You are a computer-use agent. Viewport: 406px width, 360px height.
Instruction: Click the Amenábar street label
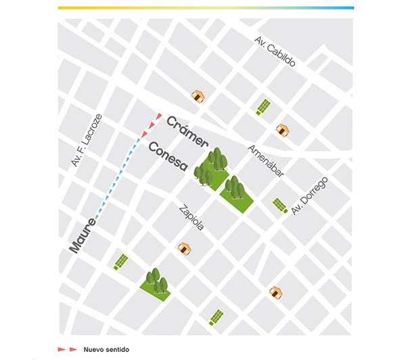[x=265, y=160]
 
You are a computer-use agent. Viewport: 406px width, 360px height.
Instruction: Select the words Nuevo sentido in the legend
[x=106, y=350]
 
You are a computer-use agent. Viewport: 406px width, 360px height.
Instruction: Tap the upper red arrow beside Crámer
[x=158, y=118]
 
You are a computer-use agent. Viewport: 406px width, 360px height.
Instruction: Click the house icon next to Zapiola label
[x=183, y=248]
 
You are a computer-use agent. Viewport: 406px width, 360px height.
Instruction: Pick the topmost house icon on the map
[x=198, y=97]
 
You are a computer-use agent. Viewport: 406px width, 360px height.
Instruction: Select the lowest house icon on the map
[x=275, y=292]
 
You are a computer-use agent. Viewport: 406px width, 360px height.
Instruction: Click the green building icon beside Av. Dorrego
[x=279, y=204]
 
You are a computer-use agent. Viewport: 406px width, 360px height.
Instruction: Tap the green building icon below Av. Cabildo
[x=263, y=107]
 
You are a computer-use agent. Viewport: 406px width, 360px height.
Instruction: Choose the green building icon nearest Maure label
[x=121, y=261]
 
